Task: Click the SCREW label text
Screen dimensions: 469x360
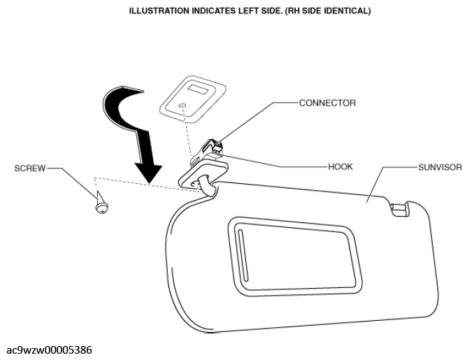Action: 30,168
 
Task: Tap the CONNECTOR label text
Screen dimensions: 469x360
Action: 328,103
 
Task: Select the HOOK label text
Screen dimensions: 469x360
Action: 340,166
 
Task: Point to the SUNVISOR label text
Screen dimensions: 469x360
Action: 440,167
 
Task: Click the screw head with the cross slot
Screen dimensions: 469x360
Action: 102,208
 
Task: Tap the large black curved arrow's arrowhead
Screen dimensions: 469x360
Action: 149,173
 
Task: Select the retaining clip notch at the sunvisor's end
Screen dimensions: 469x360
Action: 398,209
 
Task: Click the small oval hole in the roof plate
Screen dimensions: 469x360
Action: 182,106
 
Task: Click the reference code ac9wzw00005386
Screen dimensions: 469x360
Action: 50,350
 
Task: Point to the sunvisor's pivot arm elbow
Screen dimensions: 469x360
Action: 206,185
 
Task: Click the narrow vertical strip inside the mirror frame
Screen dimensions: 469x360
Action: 243,255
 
